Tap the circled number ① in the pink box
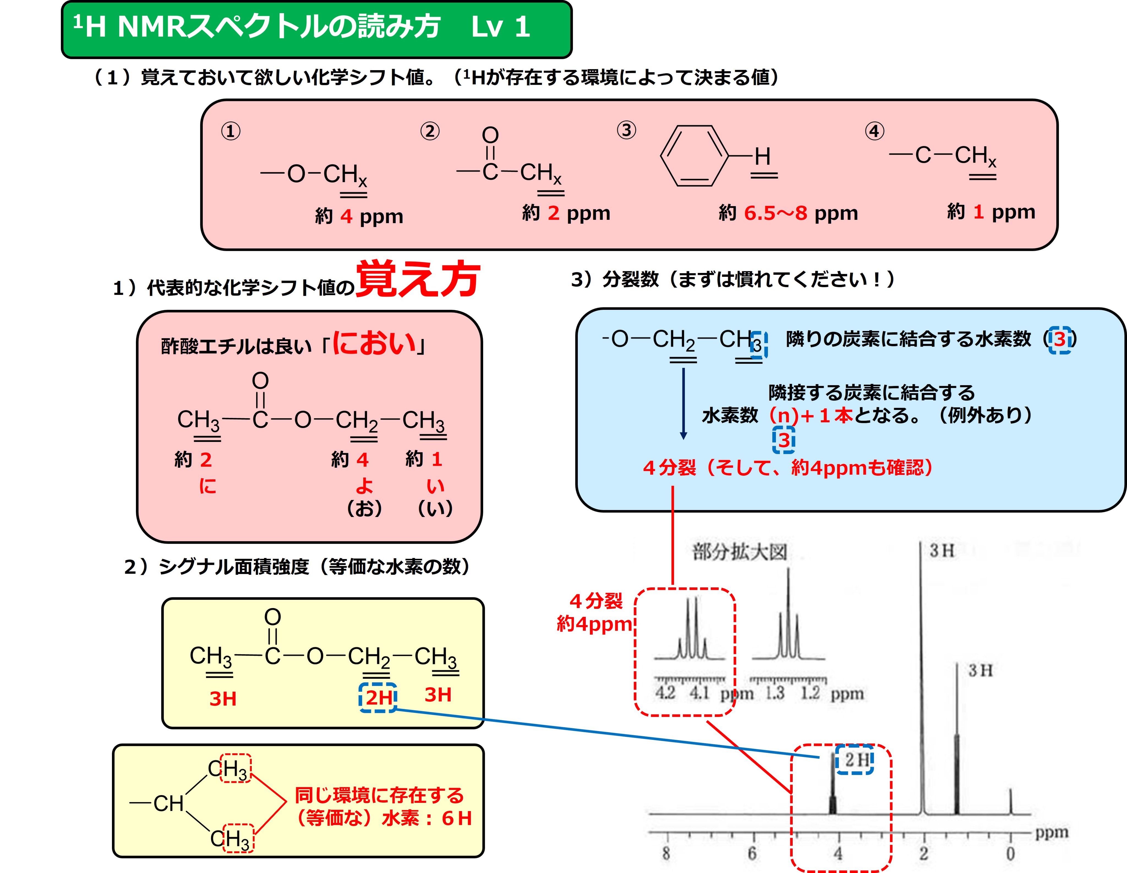pos(231,131)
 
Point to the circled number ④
pos(874,131)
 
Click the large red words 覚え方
pos(418,280)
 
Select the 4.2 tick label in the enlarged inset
pos(665,693)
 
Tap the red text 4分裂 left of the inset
pos(596,601)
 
